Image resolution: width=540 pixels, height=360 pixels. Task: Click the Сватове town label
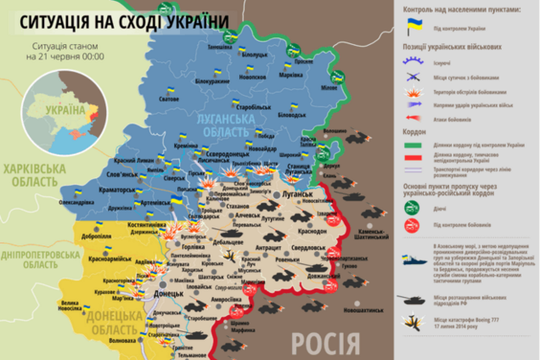tap(169, 99)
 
